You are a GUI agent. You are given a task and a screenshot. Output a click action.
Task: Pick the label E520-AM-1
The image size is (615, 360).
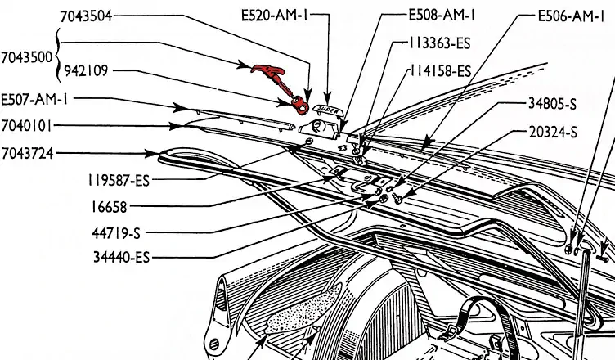pyautogui.click(x=274, y=16)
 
